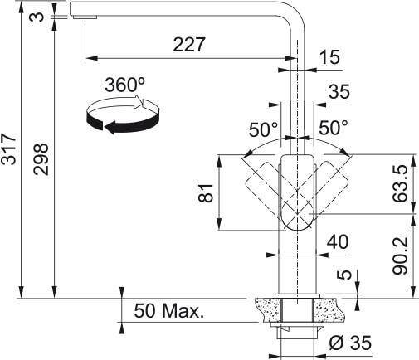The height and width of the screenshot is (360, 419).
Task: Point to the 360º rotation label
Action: [124, 85]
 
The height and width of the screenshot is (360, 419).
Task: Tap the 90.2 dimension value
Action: [401, 254]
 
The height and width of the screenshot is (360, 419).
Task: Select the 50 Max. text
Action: [168, 313]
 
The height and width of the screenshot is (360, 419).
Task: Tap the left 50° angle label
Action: [264, 129]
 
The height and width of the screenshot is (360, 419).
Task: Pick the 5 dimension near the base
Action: [343, 275]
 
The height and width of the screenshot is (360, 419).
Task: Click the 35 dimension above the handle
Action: [339, 92]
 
